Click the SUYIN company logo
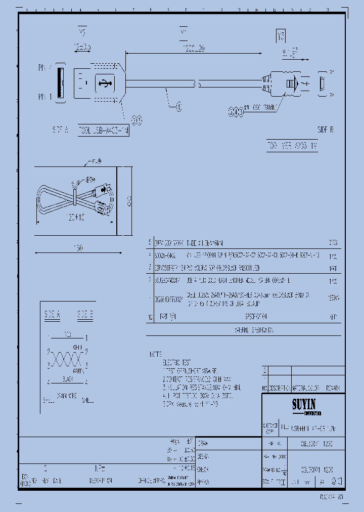coord(303,405)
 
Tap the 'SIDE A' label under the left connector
coord(60,130)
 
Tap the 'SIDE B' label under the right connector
coord(325,130)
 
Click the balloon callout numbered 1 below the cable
coord(178,106)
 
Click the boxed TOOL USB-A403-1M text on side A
coord(103,130)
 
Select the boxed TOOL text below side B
coord(293,146)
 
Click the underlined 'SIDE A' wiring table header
coord(52,314)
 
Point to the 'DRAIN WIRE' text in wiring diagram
coord(67,395)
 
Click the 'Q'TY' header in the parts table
coord(333,317)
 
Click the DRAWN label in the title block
coord(203,443)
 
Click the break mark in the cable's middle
coord(199,85)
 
